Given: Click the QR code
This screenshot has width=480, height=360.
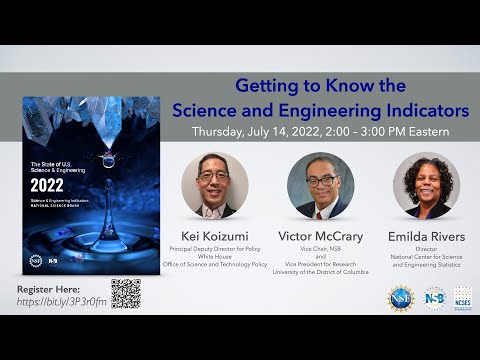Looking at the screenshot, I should click(x=125, y=292).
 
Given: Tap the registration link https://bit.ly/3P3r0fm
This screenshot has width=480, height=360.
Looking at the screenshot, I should click(x=62, y=301).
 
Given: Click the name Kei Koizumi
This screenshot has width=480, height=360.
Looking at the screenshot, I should click(x=214, y=236).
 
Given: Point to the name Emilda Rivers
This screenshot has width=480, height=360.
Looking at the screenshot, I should click(x=427, y=236).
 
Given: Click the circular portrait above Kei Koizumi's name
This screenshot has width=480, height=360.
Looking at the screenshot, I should click(x=214, y=186).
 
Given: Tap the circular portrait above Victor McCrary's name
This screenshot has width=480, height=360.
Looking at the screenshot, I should click(x=320, y=186).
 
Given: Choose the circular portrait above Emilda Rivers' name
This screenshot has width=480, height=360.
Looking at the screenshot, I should click(x=427, y=186).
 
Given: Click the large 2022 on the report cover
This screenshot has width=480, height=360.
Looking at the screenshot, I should click(x=47, y=185).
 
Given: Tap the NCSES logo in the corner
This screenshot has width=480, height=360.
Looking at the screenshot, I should click(x=462, y=298).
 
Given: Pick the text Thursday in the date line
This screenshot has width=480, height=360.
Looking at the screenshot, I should click(x=223, y=131).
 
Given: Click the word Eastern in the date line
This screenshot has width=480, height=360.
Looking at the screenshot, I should click(x=425, y=131).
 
